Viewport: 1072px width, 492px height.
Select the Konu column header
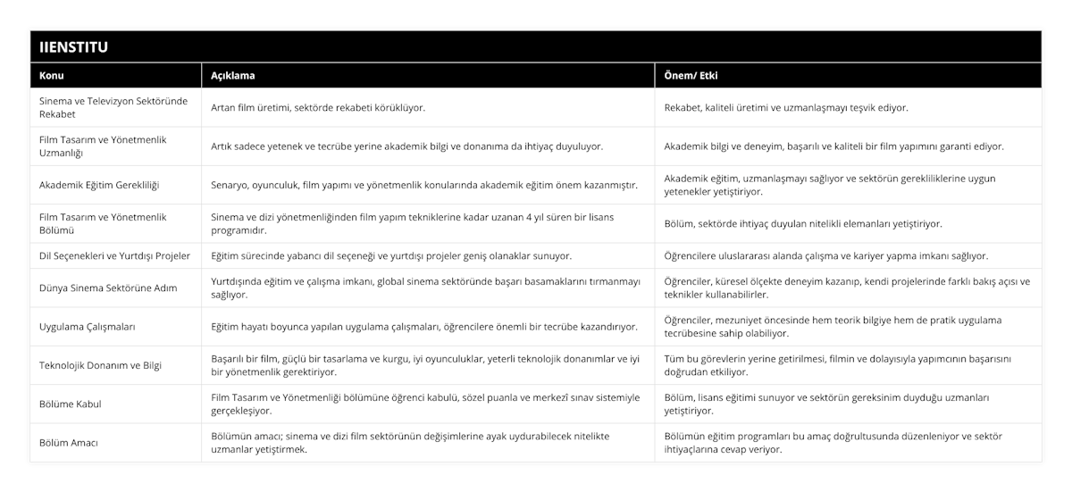coord(52,76)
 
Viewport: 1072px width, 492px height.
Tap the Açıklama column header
coord(233,76)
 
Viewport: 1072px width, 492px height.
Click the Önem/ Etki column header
coord(691,76)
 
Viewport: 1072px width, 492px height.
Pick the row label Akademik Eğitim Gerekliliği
coord(97,185)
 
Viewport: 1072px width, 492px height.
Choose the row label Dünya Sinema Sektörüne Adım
coord(108,288)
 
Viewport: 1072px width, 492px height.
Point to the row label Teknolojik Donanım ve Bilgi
coord(101,365)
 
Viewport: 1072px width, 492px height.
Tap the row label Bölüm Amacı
coord(69,442)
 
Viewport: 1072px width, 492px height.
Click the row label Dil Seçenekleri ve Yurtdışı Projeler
coord(114,255)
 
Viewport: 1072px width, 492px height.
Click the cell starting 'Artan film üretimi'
coord(318,107)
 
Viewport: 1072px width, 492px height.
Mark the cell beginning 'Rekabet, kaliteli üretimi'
coord(786,107)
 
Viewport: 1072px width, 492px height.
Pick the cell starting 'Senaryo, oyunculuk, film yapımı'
coord(423,185)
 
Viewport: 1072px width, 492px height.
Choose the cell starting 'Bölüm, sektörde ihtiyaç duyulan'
coord(803,223)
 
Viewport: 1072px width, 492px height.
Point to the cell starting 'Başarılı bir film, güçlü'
coord(425,365)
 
